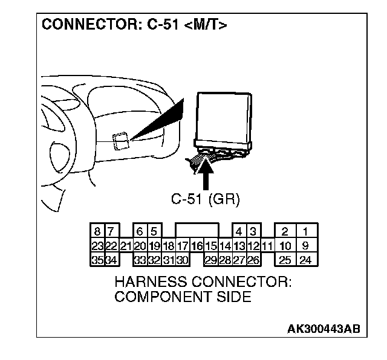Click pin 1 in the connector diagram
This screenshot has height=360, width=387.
coord(305,232)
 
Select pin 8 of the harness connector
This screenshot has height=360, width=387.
coord(97,232)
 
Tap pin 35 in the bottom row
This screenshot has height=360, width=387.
coord(97,260)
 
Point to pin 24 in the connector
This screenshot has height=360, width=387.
coord(305,260)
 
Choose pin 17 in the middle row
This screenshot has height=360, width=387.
coord(183,246)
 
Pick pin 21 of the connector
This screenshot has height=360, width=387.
coord(126,246)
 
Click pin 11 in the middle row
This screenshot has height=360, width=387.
coord(267,246)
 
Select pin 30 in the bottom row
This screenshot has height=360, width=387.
coord(183,260)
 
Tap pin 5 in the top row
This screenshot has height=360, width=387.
coord(154,232)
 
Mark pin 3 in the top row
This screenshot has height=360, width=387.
coord(253,232)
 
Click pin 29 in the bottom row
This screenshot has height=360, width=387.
coord(211,260)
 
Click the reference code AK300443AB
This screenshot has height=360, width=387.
coord(324,329)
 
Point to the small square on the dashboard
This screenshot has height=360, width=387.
coord(120,140)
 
